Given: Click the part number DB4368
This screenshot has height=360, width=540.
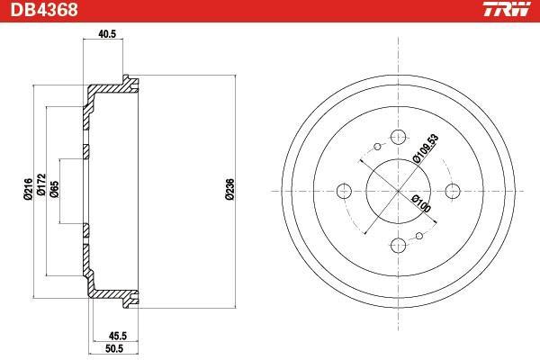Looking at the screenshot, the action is coord(44,9).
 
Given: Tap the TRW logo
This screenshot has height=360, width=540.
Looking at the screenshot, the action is coord(507,9).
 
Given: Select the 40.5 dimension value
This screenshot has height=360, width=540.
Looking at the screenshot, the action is coord(107,34).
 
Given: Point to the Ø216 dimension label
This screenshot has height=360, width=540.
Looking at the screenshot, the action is coord(28,189).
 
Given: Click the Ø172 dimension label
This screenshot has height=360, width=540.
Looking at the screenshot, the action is coord(41,184).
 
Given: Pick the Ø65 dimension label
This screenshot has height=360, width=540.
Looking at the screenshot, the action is coord(54,189).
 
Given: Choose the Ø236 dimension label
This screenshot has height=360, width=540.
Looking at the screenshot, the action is coord(229,189).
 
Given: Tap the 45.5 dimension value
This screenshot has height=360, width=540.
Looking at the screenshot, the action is coord(118,335).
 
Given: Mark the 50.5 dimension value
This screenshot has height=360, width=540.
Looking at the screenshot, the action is coord(114,348).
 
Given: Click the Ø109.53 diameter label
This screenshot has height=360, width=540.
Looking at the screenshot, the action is coord(426,148).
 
